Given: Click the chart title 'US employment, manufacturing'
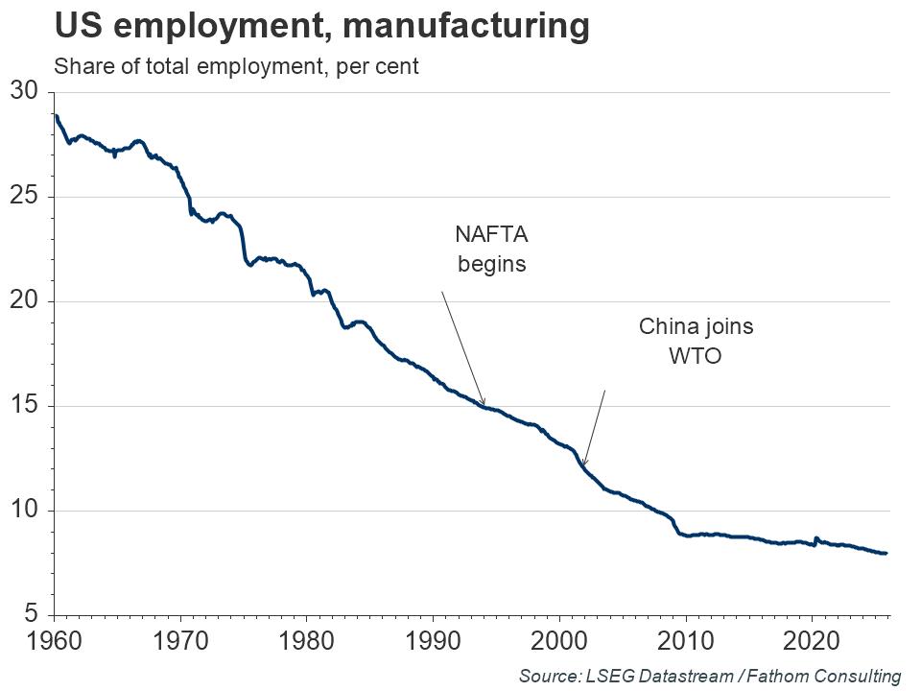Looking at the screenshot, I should coord(320,27).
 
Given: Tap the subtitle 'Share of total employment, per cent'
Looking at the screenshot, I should coord(236,68).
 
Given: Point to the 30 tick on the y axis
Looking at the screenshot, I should coord(23,92).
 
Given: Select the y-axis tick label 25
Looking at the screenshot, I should coord(23,197).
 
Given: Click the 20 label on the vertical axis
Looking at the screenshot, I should coord(23,301).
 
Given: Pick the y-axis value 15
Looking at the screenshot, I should coord(23,406).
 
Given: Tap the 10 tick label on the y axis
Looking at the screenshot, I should coord(23,511).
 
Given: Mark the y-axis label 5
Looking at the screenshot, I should coord(30,614).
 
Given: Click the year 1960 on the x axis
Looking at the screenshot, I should coord(54,639).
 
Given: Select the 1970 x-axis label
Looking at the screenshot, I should coord(180,639).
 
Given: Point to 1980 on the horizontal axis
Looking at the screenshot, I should coord(306,639).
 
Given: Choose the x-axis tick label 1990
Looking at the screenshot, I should coord(433,639).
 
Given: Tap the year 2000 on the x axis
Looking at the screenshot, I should coord(559,639).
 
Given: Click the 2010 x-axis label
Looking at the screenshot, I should coord(685,639).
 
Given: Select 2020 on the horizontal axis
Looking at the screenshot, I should coord(812,639).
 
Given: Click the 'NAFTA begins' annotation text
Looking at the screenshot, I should coord(492,249).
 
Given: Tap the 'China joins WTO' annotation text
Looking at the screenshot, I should coord(696,341).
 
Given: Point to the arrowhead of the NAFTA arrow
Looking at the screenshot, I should coord(484,403).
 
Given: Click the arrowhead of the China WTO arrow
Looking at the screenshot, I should coord(583,465).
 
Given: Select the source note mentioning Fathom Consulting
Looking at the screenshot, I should coord(710,676).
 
